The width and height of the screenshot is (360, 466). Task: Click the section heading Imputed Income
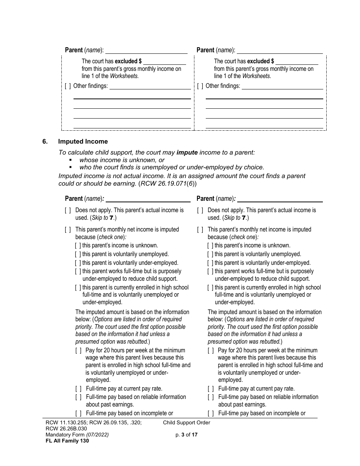tap(83, 141)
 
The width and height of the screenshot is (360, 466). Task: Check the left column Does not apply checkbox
tap(67, 210)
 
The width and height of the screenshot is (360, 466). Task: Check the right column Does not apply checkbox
tap(200, 210)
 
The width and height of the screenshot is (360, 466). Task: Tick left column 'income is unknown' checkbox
tap(78, 246)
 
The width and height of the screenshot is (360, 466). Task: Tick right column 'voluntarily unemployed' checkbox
tap(210, 254)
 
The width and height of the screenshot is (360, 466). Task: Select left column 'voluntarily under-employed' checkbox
tap(78, 263)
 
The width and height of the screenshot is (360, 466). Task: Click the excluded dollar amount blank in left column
tap(164, 61)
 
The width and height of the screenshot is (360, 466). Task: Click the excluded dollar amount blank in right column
tap(297, 61)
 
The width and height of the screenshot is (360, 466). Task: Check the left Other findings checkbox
tap(67, 86)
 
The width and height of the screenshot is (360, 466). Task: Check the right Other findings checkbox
tap(200, 86)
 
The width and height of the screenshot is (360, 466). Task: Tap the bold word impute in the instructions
tap(187, 152)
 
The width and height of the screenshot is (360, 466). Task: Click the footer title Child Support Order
tap(186, 422)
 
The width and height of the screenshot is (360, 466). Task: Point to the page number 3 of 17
tap(184, 435)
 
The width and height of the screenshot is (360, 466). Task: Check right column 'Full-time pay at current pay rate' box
tap(210, 389)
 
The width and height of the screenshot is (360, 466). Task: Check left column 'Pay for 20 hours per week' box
tap(78, 350)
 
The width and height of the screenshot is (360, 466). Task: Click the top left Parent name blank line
tap(146, 50)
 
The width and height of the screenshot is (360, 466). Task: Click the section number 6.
tap(45, 141)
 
